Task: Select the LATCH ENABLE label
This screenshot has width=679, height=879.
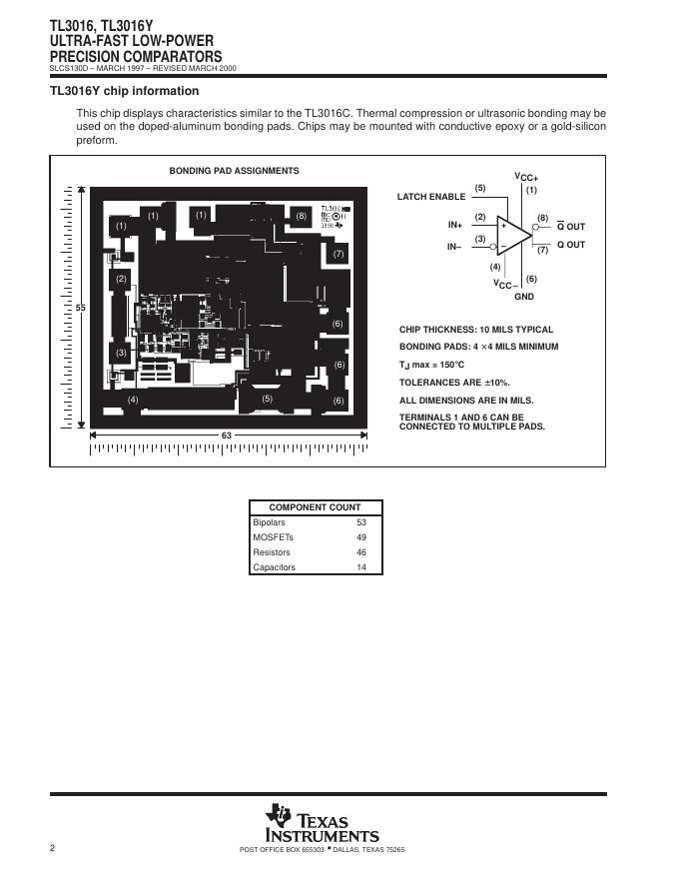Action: [x=431, y=197]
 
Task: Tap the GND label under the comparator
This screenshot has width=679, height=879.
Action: [x=524, y=297]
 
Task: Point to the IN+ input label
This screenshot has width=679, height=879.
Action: [x=455, y=226]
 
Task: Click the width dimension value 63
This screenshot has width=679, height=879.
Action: [x=227, y=436]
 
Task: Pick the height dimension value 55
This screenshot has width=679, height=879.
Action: [x=81, y=309]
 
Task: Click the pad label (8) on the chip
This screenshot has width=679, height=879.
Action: [x=302, y=216]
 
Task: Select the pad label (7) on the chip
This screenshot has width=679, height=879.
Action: [x=339, y=254]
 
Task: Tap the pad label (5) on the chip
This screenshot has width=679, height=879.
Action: [x=267, y=399]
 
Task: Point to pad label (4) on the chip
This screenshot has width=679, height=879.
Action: [x=133, y=400]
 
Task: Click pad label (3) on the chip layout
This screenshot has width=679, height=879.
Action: [x=121, y=353]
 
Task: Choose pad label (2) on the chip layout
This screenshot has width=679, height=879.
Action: [x=121, y=279]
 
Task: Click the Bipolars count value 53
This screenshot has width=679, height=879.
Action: [x=361, y=522]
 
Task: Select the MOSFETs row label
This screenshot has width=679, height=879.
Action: [x=273, y=537]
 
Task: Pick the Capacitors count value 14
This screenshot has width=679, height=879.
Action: [x=361, y=567]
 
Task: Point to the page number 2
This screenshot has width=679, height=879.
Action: [x=52, y=848]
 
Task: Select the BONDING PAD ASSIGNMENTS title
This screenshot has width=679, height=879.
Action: [x=234, y=171]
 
